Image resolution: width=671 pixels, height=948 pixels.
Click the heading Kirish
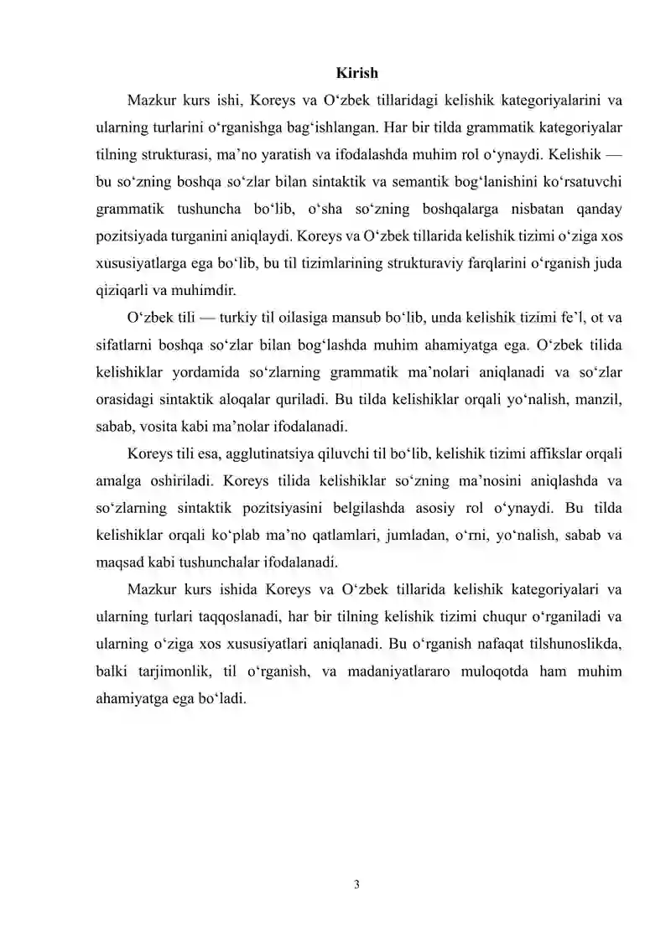pyautogui.click(x=356, y=73)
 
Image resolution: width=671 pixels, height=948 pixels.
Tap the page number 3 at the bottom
pyautogui.click(x=356, y=882)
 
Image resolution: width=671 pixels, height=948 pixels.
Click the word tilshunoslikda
pyautogui.click(x=576, y=640)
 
